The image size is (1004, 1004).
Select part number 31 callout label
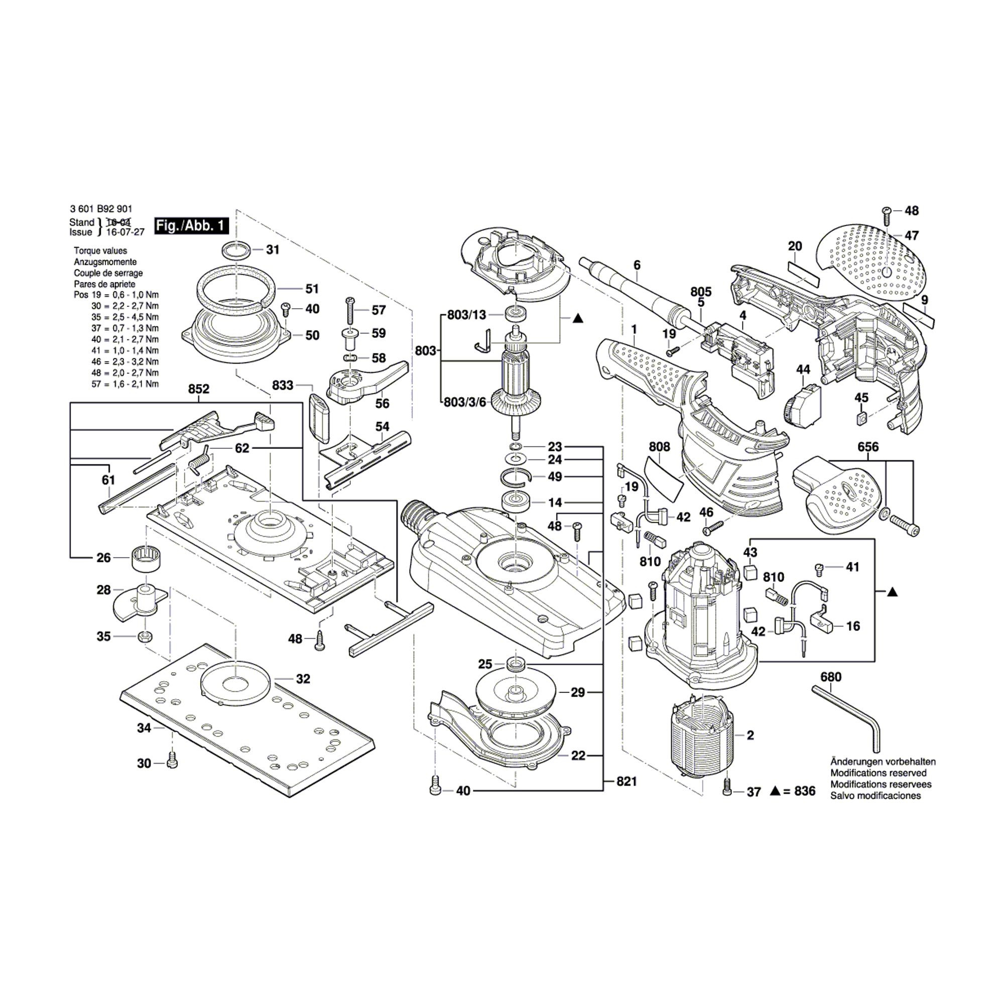(x=273, y=249)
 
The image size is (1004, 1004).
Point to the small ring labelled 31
(x=237, y=250)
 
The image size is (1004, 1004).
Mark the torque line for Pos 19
(x=116, y=295)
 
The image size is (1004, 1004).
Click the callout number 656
(x=868, y=447)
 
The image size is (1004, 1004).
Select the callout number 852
(x=198, y=389)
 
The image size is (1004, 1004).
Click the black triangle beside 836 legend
(x=774, y=792)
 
